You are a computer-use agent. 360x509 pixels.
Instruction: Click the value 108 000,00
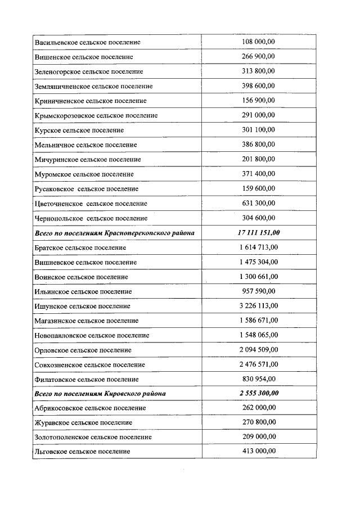pyautogui.click(x=258, y=42)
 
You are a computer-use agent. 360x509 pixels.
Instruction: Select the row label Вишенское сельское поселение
pyautogui.click(x=84, y=57)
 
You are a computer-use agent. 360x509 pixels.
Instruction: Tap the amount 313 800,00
pyautogui.click(x=258, y=71)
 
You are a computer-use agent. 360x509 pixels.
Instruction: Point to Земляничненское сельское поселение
pyautogui.click(x=93, y=86)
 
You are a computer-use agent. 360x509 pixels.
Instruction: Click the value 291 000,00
pyautogui.click(x=258, y=115)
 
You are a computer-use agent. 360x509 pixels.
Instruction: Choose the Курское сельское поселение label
pyautogui.click(x=79, y=130)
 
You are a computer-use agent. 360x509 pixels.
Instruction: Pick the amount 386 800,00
pyautogui.click(x=258, y=145)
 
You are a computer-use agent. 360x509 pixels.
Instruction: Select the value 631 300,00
pyautogui.click(x=258, y=203)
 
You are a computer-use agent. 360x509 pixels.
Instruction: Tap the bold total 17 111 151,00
pyautogui.click(x=258, y=233)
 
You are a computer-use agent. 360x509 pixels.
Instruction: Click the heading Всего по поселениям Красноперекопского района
pyautogui.click(x=114, y=233)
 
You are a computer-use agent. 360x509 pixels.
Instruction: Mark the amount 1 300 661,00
pyautogui.click(x=258, y=277)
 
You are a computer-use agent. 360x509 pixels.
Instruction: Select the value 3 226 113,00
pyautogui.click(x=258, y=306)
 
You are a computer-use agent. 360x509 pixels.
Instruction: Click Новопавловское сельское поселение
pyautogui.click(x=92, y=335)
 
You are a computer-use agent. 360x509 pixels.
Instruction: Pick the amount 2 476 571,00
pyautogui.click(x=258, y=364)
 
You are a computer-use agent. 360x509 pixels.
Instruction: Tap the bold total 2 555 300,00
pyautogui.click(x=258, y=393)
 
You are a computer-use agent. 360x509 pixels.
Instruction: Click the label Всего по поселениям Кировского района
pyautogui.click(x=100, y=393)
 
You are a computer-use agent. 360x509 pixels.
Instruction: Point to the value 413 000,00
pyautogui.click(x=258, y=451)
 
